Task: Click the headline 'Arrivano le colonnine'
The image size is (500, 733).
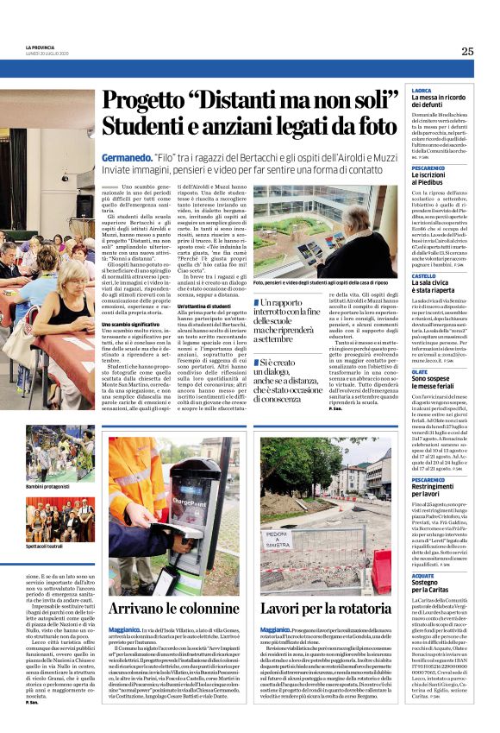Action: [172, 608]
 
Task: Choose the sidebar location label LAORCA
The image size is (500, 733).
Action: [422, 90]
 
